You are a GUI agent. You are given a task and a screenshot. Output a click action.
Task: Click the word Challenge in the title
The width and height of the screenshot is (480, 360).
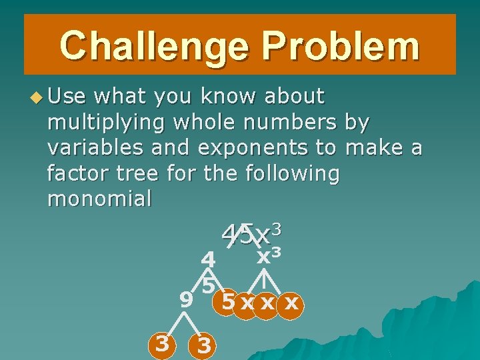click(153, 45)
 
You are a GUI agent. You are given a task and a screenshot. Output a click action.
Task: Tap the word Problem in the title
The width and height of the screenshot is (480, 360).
click(341, 45)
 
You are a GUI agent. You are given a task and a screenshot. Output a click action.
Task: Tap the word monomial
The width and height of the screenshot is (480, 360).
click(99, 199)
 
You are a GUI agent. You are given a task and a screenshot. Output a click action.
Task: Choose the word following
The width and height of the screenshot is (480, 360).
click(293, 173)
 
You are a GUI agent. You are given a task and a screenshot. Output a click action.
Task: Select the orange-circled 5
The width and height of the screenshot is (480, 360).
click(227, 303)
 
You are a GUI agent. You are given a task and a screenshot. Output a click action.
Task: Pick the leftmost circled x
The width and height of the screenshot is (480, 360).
click(247, 305)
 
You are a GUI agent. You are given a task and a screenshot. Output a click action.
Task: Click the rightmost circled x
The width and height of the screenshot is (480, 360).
click(290, 305)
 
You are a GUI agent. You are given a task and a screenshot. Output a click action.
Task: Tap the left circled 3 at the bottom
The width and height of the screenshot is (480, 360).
click(161, 345)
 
